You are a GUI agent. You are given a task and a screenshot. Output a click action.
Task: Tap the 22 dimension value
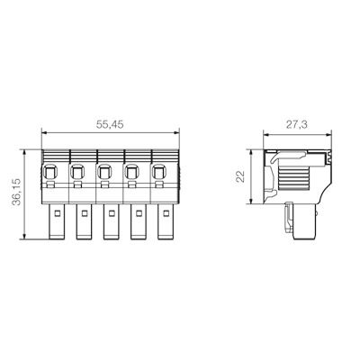(240, 177)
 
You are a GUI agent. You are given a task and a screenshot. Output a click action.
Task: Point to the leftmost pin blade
(56, 223)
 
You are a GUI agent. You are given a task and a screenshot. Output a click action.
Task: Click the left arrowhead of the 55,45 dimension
(45, 134)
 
